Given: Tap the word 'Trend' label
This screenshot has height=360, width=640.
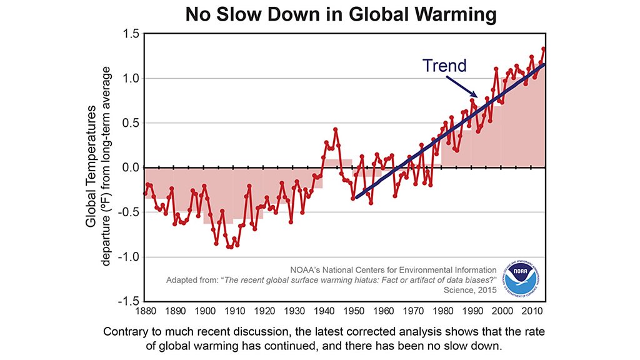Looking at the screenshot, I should click(x=444, y=65).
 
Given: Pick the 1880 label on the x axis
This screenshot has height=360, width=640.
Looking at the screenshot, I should click(x=145, y=311).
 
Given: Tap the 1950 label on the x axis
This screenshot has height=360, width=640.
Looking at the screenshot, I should click(x=353, y=311).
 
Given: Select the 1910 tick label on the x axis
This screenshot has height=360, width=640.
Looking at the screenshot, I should click(x=234, y=311).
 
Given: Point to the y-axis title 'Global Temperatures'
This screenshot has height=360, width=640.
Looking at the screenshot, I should click(x=92, y=166).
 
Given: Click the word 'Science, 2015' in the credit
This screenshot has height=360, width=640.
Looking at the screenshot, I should click(x=469, y=291).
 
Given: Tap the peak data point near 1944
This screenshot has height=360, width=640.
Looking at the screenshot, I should click(x=336, y=129).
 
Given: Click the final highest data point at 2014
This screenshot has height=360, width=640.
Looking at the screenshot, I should click(x=544, y=49).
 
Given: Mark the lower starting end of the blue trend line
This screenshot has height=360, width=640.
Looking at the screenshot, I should click(x=354, y=198).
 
